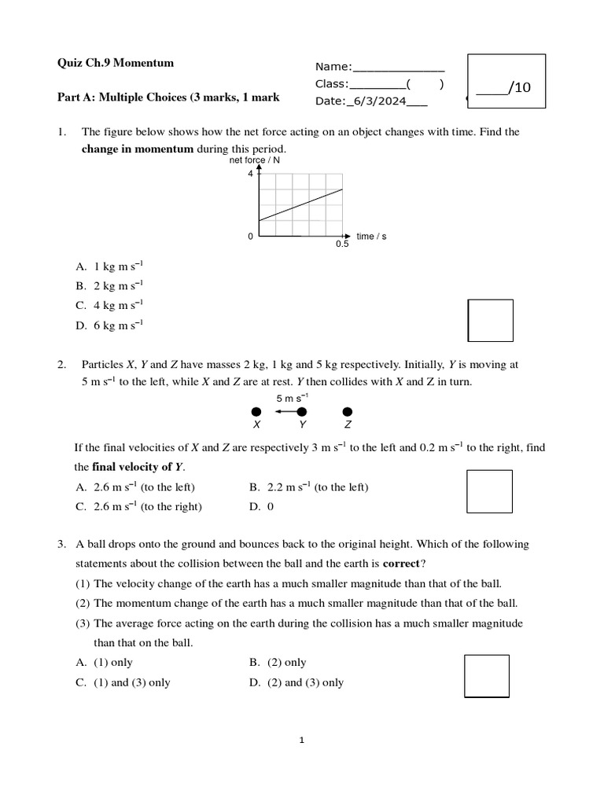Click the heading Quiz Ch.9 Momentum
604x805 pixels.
tap(116, 63)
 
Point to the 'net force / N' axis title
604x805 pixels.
tap(254, 160)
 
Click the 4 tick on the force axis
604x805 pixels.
tap(250, 175)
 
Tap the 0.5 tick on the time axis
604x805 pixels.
tap(341, 244)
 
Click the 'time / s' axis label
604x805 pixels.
tap(371, 236)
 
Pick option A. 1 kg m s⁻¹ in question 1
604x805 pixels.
tap(110, 266)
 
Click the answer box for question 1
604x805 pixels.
tap(490, 321)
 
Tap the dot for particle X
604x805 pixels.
tap(256, 412)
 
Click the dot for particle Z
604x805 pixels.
tap(348, 412)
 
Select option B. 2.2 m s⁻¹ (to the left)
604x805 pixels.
tap(308, 487)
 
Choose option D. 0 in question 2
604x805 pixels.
tap(261, 507)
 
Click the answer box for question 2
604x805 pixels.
tap(488, 491)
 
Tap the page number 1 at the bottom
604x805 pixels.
tap(302, 740)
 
